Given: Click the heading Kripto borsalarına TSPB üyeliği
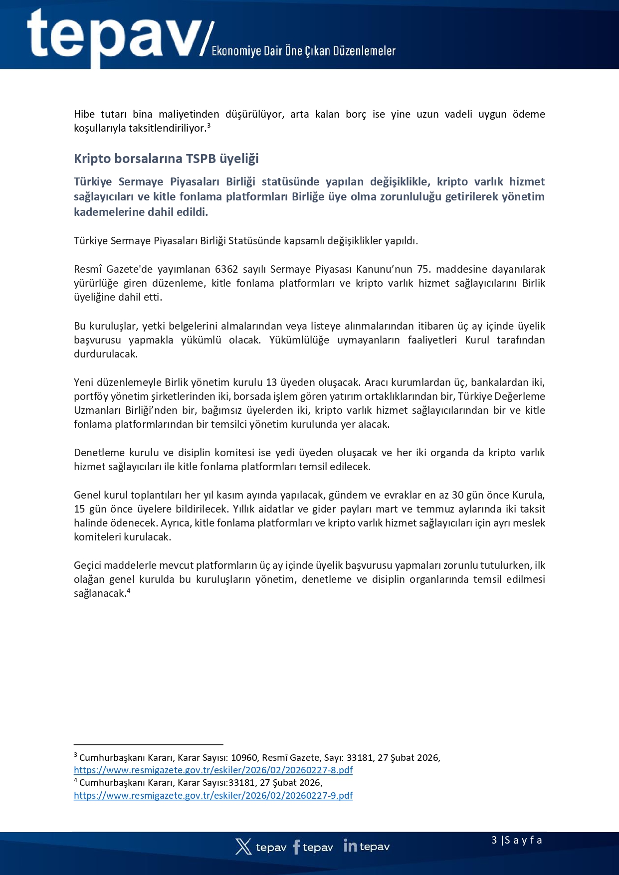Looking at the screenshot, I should coord(166,159).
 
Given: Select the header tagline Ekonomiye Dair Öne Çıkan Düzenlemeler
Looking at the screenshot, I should coord(303,51).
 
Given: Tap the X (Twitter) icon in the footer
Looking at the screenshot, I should coord(243,847).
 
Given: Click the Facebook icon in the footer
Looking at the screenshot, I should coord(296,847).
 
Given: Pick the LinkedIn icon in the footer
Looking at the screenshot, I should coord(350,846).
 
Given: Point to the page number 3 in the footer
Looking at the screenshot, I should coord(494,840).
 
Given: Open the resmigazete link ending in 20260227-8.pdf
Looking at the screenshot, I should coord(213,770).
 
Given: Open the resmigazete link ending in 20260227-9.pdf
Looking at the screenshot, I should coord(213,795).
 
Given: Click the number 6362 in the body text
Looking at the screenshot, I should coord(226,269).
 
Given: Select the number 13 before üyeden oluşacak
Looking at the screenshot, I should coord(271,382).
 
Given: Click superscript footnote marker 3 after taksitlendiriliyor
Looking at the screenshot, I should coord(209,126).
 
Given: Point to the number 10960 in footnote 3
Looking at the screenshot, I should coord(244,758).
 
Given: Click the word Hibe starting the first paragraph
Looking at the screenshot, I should coord(84,114).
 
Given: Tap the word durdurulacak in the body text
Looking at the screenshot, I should coord(105,354).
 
